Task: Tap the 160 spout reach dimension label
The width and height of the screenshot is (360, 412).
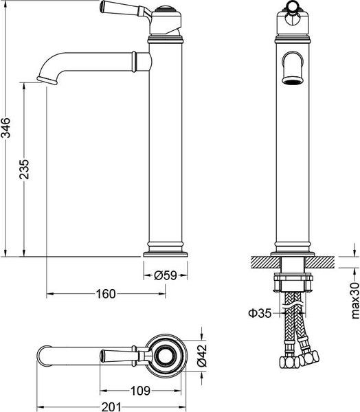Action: click(105, 294)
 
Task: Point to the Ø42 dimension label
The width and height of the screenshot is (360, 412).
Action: click(202, 355)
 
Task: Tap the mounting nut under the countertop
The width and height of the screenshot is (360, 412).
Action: click(294, 282)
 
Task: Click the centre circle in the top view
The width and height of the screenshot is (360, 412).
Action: click(166, 355)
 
